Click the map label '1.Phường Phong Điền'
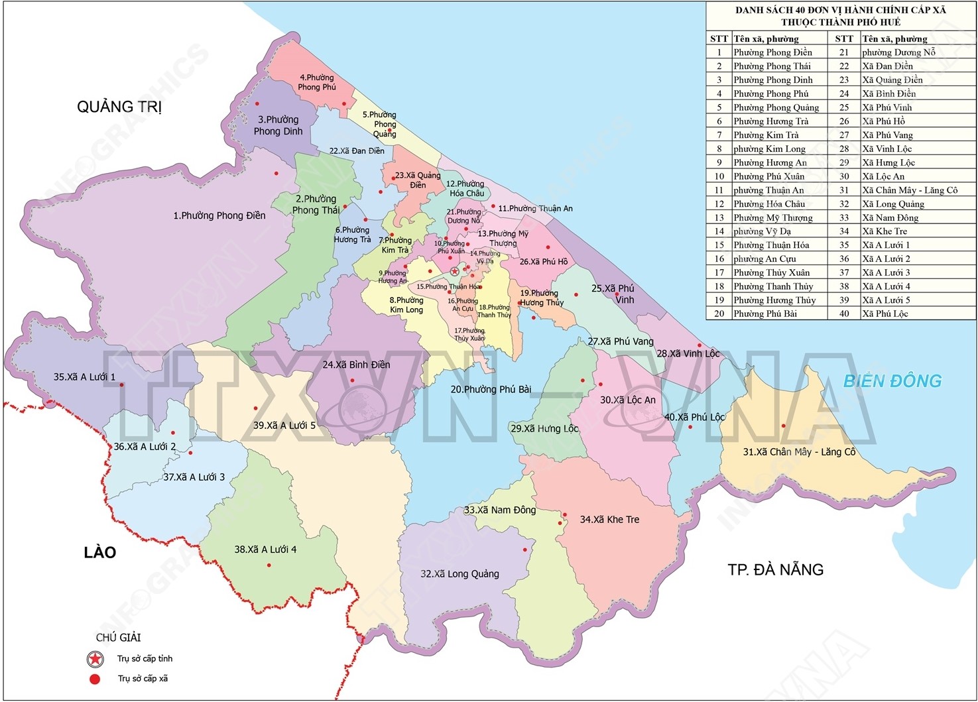point(219,215)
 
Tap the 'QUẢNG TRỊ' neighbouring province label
point(119,107)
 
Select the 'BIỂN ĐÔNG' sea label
point(892,381)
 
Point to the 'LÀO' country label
point(100,552)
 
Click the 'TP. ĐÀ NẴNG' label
point(775,569)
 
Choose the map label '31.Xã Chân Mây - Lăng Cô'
point(799,452)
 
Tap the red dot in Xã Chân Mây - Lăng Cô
point(783,426)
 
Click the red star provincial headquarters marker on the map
point(454,271)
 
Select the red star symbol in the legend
point(95,659)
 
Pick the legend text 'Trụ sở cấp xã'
point(143,679)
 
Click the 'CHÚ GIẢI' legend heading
point(119,638)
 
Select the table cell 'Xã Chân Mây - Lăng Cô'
point(910,190)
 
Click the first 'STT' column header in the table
point(719,39)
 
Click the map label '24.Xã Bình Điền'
point(356,365)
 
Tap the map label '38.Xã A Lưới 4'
point(265,550)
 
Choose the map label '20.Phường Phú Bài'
point(491,390)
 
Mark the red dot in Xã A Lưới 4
point(269,565)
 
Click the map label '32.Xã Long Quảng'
point(459,574)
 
